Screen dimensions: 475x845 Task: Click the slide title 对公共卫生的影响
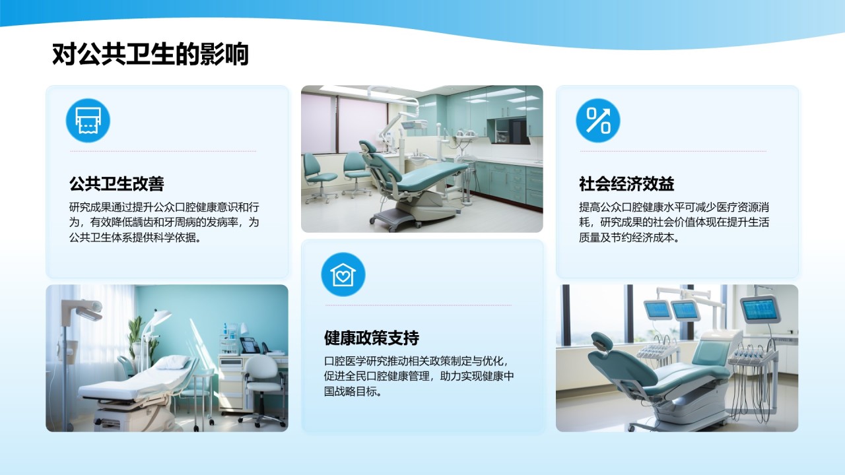click(x=151, y=55)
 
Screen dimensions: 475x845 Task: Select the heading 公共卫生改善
click(x=116, y=183)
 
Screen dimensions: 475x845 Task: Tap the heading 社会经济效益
click(x=626, y=183)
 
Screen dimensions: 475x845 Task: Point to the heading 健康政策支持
click(x=372, y=338)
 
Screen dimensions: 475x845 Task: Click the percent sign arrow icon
click(x=598, y=121)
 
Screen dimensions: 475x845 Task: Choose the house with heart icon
click(x=343, y=274)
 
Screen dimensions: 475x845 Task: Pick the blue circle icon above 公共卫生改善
click(x=88, y=121)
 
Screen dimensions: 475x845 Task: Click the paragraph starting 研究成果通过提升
click(x=165, y=222)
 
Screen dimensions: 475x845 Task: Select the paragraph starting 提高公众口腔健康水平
click(x=674, y=222)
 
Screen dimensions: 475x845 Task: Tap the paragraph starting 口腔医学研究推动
click(x=419, y=376)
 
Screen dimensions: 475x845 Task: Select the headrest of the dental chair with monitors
click(x=601, y=342)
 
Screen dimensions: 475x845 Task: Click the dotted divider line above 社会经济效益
click(x=673, y=151)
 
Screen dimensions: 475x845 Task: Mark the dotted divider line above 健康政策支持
click(x=418, y=305)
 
